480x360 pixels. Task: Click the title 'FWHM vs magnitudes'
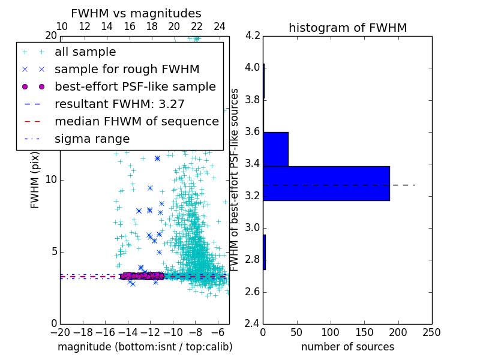(x=136, y=14)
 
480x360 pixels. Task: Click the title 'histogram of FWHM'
(x=347, y=28)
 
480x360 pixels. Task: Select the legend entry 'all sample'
(x=85, y=52)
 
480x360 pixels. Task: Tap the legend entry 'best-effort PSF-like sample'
(x=135, y=87)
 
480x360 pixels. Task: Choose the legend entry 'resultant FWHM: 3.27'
(x=119, y=104)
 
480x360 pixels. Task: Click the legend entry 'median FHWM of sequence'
(x=137, y=122)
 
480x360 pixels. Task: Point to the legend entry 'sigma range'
(x=92, y=139)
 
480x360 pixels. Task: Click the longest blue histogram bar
(x=326, y=184)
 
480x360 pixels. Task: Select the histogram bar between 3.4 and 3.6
(x=275, y=149)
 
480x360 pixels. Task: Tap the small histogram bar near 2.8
(x=264, y=252)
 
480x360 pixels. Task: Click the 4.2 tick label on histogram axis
(x=253, y=35)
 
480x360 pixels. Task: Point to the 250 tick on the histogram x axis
(x=431, y=332)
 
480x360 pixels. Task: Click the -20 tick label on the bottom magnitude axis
(x=60, y=332)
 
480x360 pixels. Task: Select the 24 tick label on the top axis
(x=219, y=26)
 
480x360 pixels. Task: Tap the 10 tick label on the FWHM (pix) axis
(x=50, y=180)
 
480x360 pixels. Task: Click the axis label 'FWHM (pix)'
(x=35, y=181)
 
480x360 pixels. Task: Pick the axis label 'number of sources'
(x=347, y=347)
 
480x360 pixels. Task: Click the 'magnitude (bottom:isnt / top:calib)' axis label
(x=145, y=347)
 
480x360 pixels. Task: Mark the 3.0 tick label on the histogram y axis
(x=253, y=228)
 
